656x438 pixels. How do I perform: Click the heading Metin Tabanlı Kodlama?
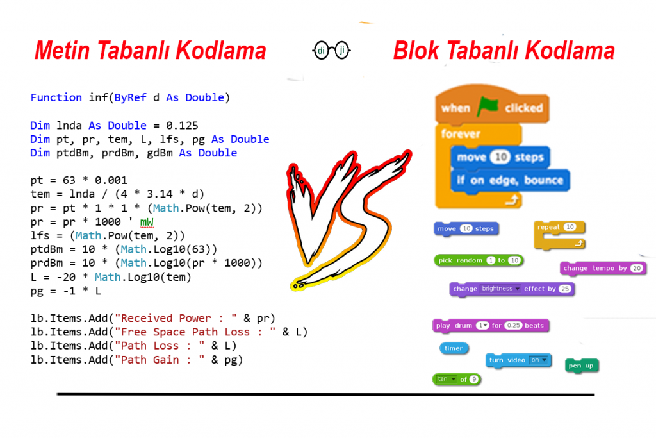pos(150,51)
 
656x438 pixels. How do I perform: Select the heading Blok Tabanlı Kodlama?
pos(504,51)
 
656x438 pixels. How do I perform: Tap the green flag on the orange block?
pos(487,107)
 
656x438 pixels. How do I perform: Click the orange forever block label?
pos(461,134)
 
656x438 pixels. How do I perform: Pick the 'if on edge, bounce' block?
pos(510,180)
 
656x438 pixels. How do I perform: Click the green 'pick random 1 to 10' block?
pos(479,260)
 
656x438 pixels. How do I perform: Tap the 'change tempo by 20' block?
pos(603,268)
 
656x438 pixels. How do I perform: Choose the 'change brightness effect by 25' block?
pos(511,289)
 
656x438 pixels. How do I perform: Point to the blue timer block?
pos(454,348)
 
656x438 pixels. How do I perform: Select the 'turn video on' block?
pos(518,360)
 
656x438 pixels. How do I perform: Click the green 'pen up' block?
pos(581,366)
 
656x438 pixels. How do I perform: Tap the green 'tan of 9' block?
pos(456,380)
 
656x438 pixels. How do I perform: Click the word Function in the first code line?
pos(56,97)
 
